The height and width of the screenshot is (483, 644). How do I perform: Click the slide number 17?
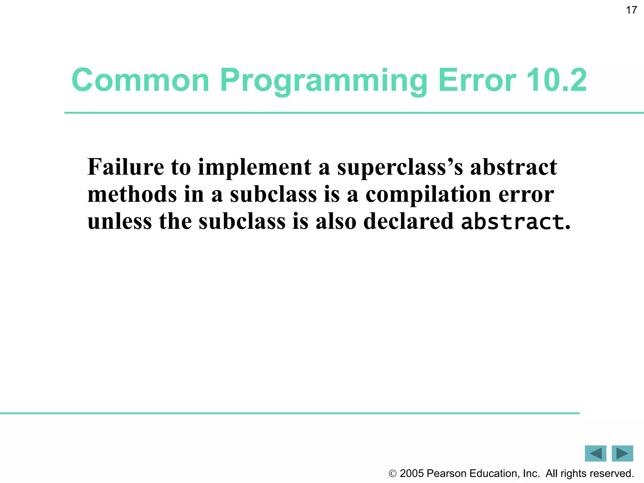pos(631,10)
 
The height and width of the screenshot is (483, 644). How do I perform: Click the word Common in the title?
pos(140,80)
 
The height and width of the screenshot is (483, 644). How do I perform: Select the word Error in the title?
pos(477,80)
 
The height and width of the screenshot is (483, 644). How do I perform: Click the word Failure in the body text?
pos(125,167)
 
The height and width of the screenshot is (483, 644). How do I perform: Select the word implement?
pos(255,167)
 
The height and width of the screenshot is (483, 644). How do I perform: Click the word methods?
pos(132,194)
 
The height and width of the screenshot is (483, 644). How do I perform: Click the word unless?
pos(119,221)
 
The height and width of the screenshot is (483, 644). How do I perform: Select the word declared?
pos(408,221)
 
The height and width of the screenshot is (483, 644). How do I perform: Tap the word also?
pos(336,221)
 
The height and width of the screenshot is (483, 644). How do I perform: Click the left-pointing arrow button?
pos(595,453)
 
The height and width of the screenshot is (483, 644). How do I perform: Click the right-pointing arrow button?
pos(622,453)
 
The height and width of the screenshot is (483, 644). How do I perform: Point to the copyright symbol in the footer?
pos(392,474)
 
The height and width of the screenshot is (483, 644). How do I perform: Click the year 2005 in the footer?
pos(412,474)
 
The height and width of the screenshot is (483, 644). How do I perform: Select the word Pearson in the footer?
pos(447,474)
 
